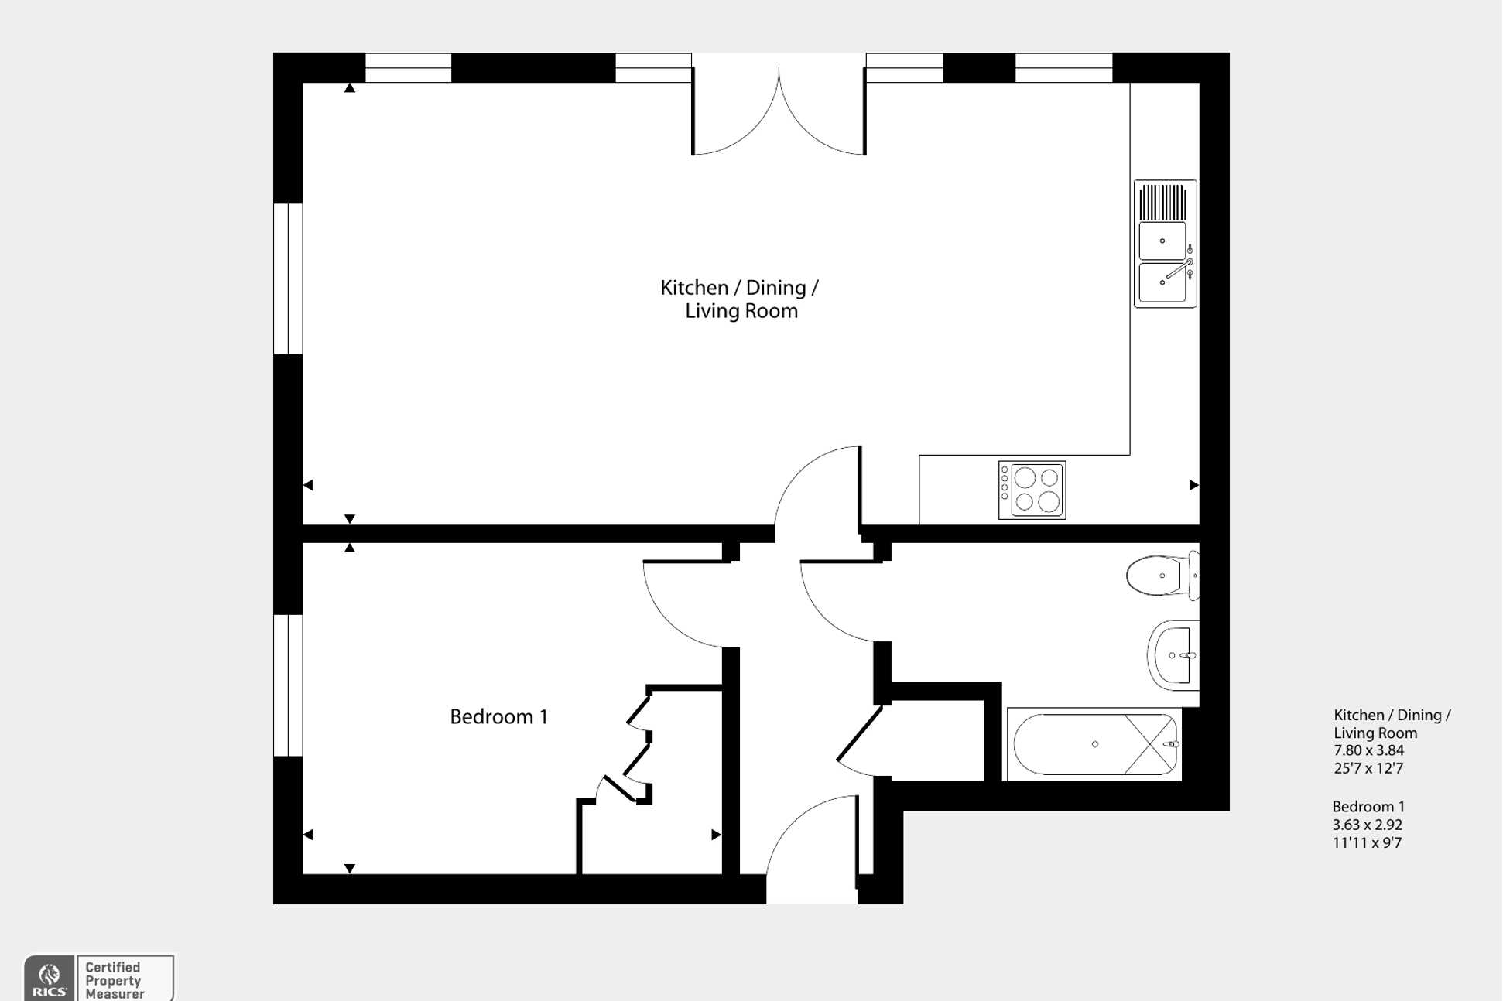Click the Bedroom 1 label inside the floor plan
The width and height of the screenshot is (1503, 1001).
(498, 717)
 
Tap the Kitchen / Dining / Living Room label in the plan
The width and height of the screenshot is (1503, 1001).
(739, 299)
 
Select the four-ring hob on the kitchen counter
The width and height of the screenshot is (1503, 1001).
(1032, 490)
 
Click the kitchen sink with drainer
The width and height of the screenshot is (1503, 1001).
(1165, 244)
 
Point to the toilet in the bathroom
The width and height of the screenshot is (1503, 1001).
(1158, 576)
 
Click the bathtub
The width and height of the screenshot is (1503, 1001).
(1094, 744)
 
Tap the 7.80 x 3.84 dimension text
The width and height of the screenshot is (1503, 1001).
(1368, 750)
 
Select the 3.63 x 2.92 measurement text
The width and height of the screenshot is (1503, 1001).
(1367, 825)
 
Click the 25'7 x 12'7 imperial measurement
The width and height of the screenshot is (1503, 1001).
(1368, 768)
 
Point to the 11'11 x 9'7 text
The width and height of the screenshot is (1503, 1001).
(1367, 843)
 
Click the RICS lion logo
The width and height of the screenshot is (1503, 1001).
(50, 978)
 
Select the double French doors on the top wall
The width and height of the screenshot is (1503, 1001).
(778, 108)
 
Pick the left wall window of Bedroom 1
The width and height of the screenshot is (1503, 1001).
(288, 685)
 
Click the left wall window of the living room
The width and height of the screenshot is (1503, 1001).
(288, 278)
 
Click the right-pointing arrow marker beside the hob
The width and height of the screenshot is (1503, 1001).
(1193, 485)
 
